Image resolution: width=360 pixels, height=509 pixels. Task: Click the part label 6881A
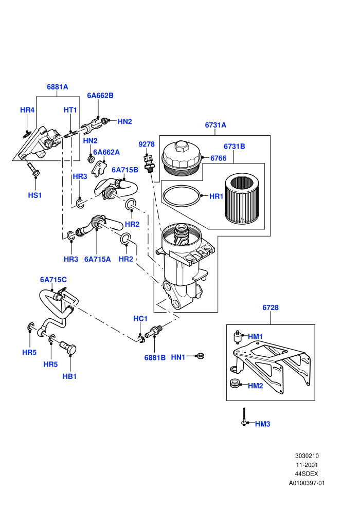(58, 87)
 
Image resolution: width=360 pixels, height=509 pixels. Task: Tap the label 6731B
(235, 147)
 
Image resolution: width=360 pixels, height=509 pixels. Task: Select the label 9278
(147, 144)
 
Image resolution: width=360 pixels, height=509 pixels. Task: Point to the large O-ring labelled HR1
(182, 196)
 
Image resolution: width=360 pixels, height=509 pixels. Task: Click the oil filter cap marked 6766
(182, 158)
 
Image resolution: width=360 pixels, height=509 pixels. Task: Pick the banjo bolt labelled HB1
(68, 348)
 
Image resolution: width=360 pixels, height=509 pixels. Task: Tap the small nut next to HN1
(201, 356)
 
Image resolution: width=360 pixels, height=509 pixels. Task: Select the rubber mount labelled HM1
(238, 337)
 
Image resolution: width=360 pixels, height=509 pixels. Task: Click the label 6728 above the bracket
(271, 307)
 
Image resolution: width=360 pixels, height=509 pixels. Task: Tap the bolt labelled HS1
(33, 169)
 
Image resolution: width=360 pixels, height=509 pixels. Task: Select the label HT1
(70, 110)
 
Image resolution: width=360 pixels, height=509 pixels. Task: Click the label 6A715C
(53, 280)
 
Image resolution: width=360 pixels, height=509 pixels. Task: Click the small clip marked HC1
(140, 339)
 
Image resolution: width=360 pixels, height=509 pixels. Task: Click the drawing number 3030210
(307, 456)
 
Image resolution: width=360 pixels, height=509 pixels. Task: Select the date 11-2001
(307, 465)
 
